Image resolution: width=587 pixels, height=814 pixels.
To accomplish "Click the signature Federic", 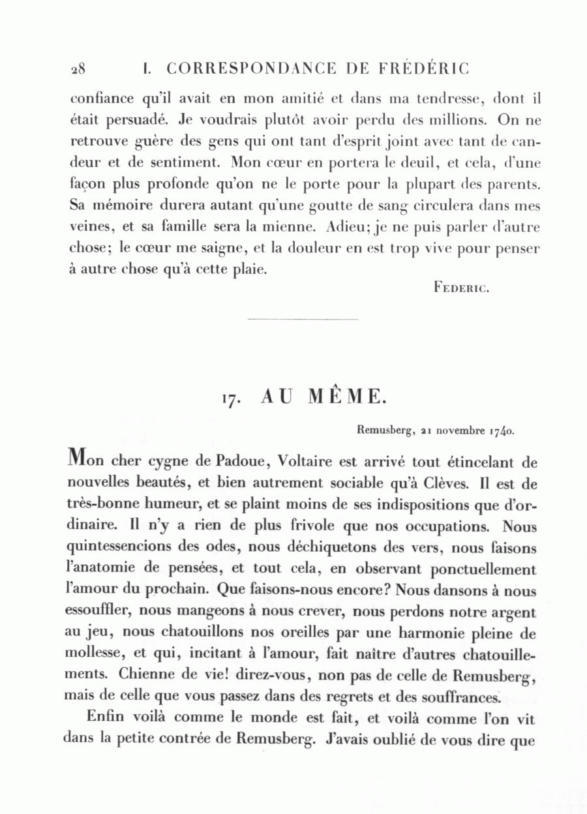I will pos(461,287).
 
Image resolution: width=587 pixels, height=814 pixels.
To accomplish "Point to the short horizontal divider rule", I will pos(303,319).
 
